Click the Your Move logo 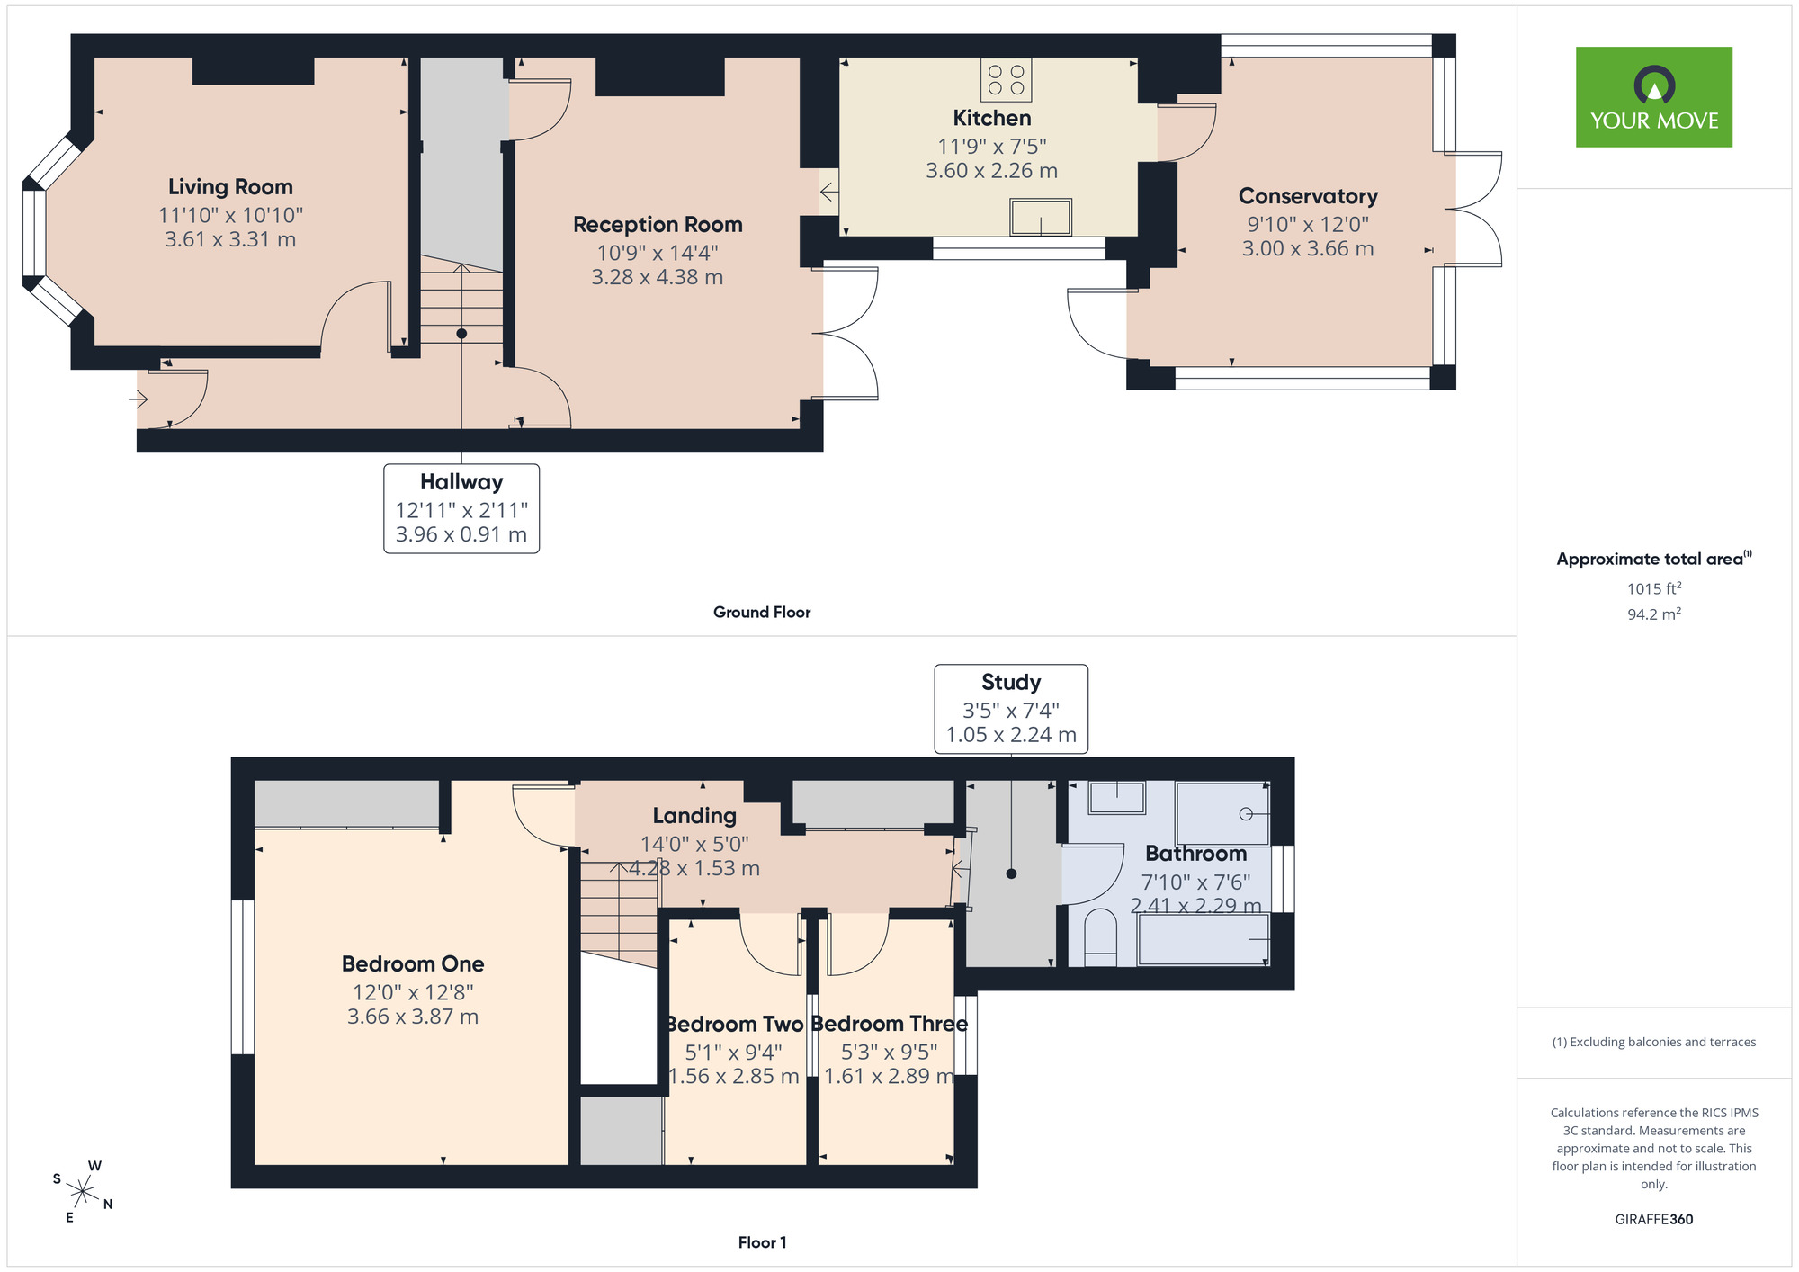[x=1653, y=97]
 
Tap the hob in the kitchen [x=1006, y=80]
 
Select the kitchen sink [x=1041, y=218]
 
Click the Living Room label [x=230, y=186]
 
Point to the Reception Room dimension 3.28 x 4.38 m [x=658, y=277]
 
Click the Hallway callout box [x=461, y=508]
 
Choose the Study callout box [x=1011, y=709]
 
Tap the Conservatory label [x=1308, y=196]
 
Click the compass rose [x=83, y=1192]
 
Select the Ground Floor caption [x=762, y=612]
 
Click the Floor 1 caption [x=762, y=1242]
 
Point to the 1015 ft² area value [x=1654, y=588]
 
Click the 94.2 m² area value [x=1654, y=614]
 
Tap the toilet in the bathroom [x=1100, y=937]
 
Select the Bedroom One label [x=413, y=963]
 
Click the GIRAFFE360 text [x=1654, y=1220]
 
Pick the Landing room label [x=694, y=815]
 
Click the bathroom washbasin [x=1117, y=797]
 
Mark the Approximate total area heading [x=1654, y=559]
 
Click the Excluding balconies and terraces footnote [x=1654, y=1042]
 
